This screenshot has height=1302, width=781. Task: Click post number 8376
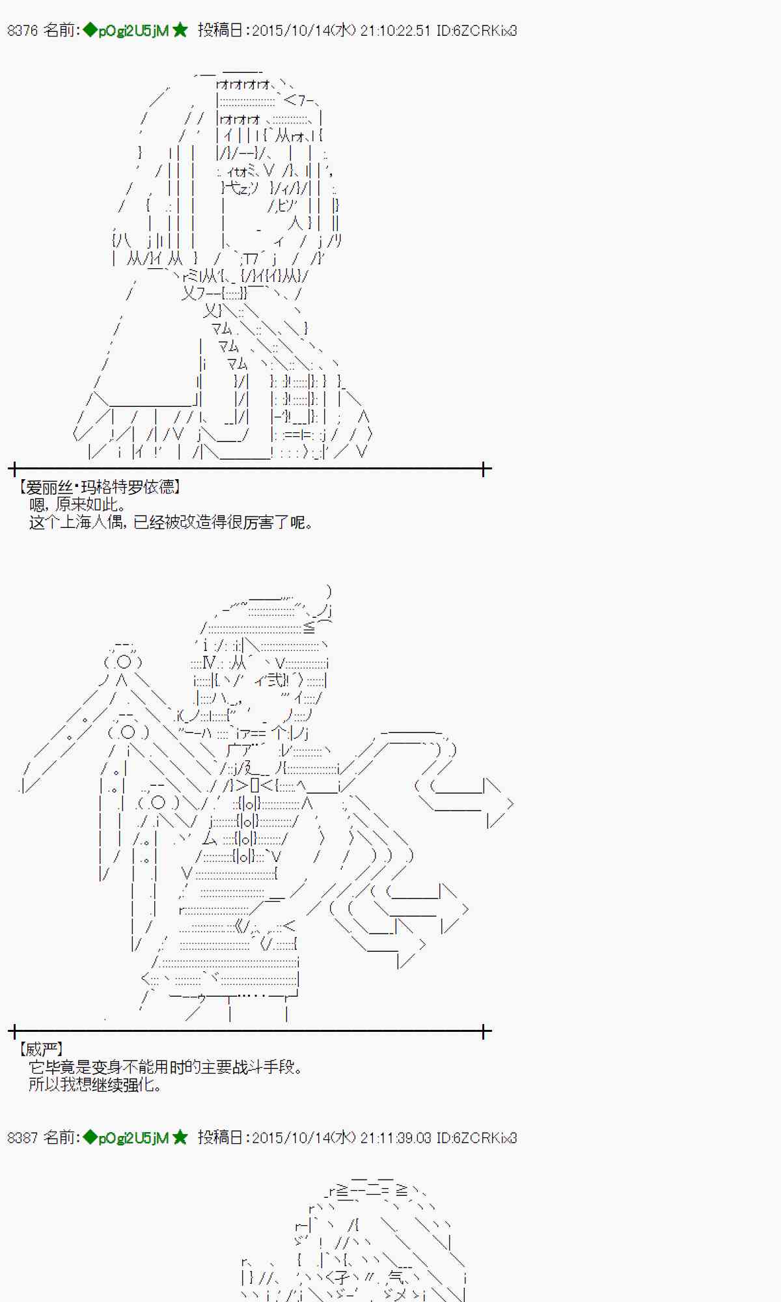(22, 31)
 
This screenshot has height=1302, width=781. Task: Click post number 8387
(22, 1137)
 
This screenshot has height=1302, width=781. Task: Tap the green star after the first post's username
(180, 30)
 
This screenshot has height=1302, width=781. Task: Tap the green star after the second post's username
(180, 1137)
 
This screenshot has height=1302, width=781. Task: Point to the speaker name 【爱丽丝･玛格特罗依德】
(98, 487)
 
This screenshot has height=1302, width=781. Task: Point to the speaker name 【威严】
(41, 1049)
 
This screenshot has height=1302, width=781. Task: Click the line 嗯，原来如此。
(77, 505)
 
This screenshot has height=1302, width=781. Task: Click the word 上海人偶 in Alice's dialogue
(91, 522)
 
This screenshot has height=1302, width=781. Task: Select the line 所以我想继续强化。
(95, 1084)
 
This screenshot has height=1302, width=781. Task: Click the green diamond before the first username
(90, 30)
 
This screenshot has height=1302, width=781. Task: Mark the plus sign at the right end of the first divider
(484, 469)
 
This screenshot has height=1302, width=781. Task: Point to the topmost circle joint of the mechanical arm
(122, 663)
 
